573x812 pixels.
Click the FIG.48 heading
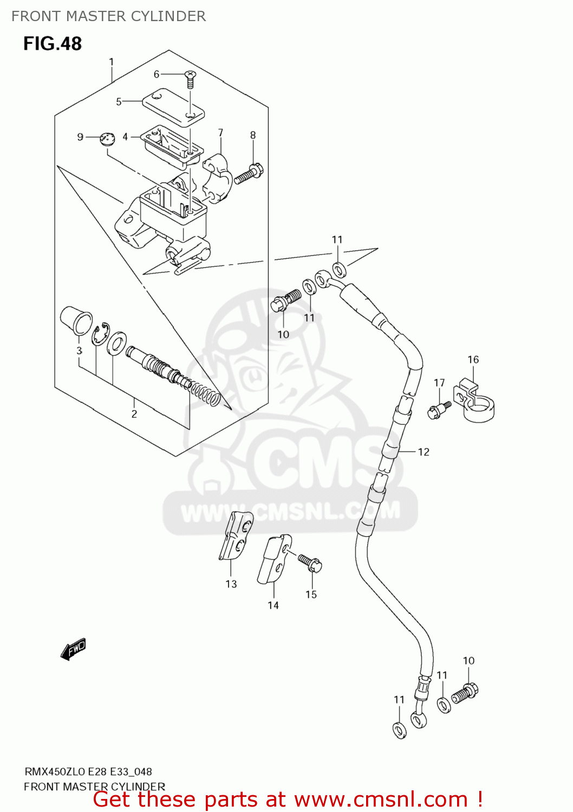[x=52, y=43]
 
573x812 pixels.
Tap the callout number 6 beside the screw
[x=157, y=74]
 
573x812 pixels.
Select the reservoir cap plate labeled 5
[x=173, y=106]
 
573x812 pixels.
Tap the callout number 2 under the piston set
[x=134, y=414]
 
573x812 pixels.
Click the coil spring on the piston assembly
[x=206, y=393]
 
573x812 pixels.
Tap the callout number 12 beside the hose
[x=424, y=452]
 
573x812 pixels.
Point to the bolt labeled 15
[x=310, y=562]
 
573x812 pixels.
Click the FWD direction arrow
[x=73, y=649]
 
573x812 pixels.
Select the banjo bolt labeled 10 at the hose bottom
[x=465, y=692]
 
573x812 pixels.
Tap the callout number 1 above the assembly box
[x=111, y=62]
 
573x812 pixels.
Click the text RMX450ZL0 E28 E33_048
[x=88, y=772]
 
